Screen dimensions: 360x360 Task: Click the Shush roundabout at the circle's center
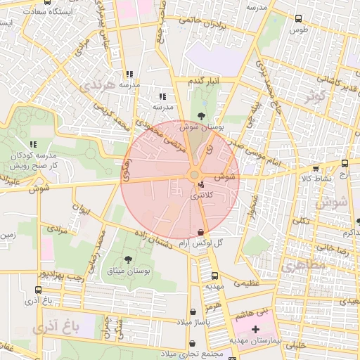point(193,174)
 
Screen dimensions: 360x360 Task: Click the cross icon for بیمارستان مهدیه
point(255,329)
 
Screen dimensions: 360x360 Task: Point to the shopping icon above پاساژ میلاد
point(193,312)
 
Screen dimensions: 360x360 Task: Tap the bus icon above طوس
point(299,19)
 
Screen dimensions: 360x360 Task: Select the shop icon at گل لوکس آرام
point(202,231)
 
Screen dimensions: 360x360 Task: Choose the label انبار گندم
point(204,82)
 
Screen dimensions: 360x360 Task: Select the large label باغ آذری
point(53,327)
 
